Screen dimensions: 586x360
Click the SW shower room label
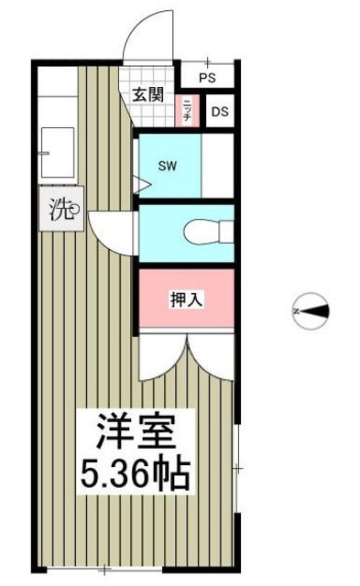click(x=167, y=167)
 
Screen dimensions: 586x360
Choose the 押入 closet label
click(x=185, y=298)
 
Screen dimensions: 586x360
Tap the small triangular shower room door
click(x=142, y=184)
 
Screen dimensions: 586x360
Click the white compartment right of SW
click(x=218, y=166)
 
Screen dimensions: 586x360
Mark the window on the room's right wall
click(x=236, y=469)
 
